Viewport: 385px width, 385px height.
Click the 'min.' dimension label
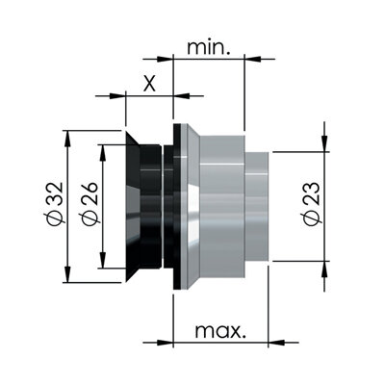pos(209,47)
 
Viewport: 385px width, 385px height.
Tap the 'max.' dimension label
pos(220,331)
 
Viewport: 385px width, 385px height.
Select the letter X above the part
pos(149,84)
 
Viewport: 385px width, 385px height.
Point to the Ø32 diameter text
pos(55,204)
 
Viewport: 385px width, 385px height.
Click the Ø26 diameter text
pos(90,204)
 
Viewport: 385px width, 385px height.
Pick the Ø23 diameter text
pos(311,204)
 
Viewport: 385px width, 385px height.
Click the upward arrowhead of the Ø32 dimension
pos(67,139)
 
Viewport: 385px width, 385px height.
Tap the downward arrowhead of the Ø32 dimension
pos(67,274)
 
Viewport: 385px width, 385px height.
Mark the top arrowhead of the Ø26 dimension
pos(103,153)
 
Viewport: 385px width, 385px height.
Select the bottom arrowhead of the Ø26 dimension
pos(103,260)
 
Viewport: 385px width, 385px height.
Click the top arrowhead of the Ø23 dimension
pos(325,143)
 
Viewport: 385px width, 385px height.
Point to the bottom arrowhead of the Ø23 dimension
pos(325,269)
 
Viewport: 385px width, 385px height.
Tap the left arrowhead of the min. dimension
pos(165,59)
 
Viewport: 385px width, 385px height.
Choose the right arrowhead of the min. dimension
pos(253,59)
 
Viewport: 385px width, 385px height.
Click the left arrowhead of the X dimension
pos(117,95)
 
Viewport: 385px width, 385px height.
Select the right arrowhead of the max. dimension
pos(276,343)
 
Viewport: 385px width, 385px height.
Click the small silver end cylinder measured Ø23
pos(257,207)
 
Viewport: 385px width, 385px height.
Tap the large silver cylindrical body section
pos(222,207)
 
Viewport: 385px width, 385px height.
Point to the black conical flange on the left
pos(133,207)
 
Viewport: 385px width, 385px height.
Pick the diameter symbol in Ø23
pos(311,219)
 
